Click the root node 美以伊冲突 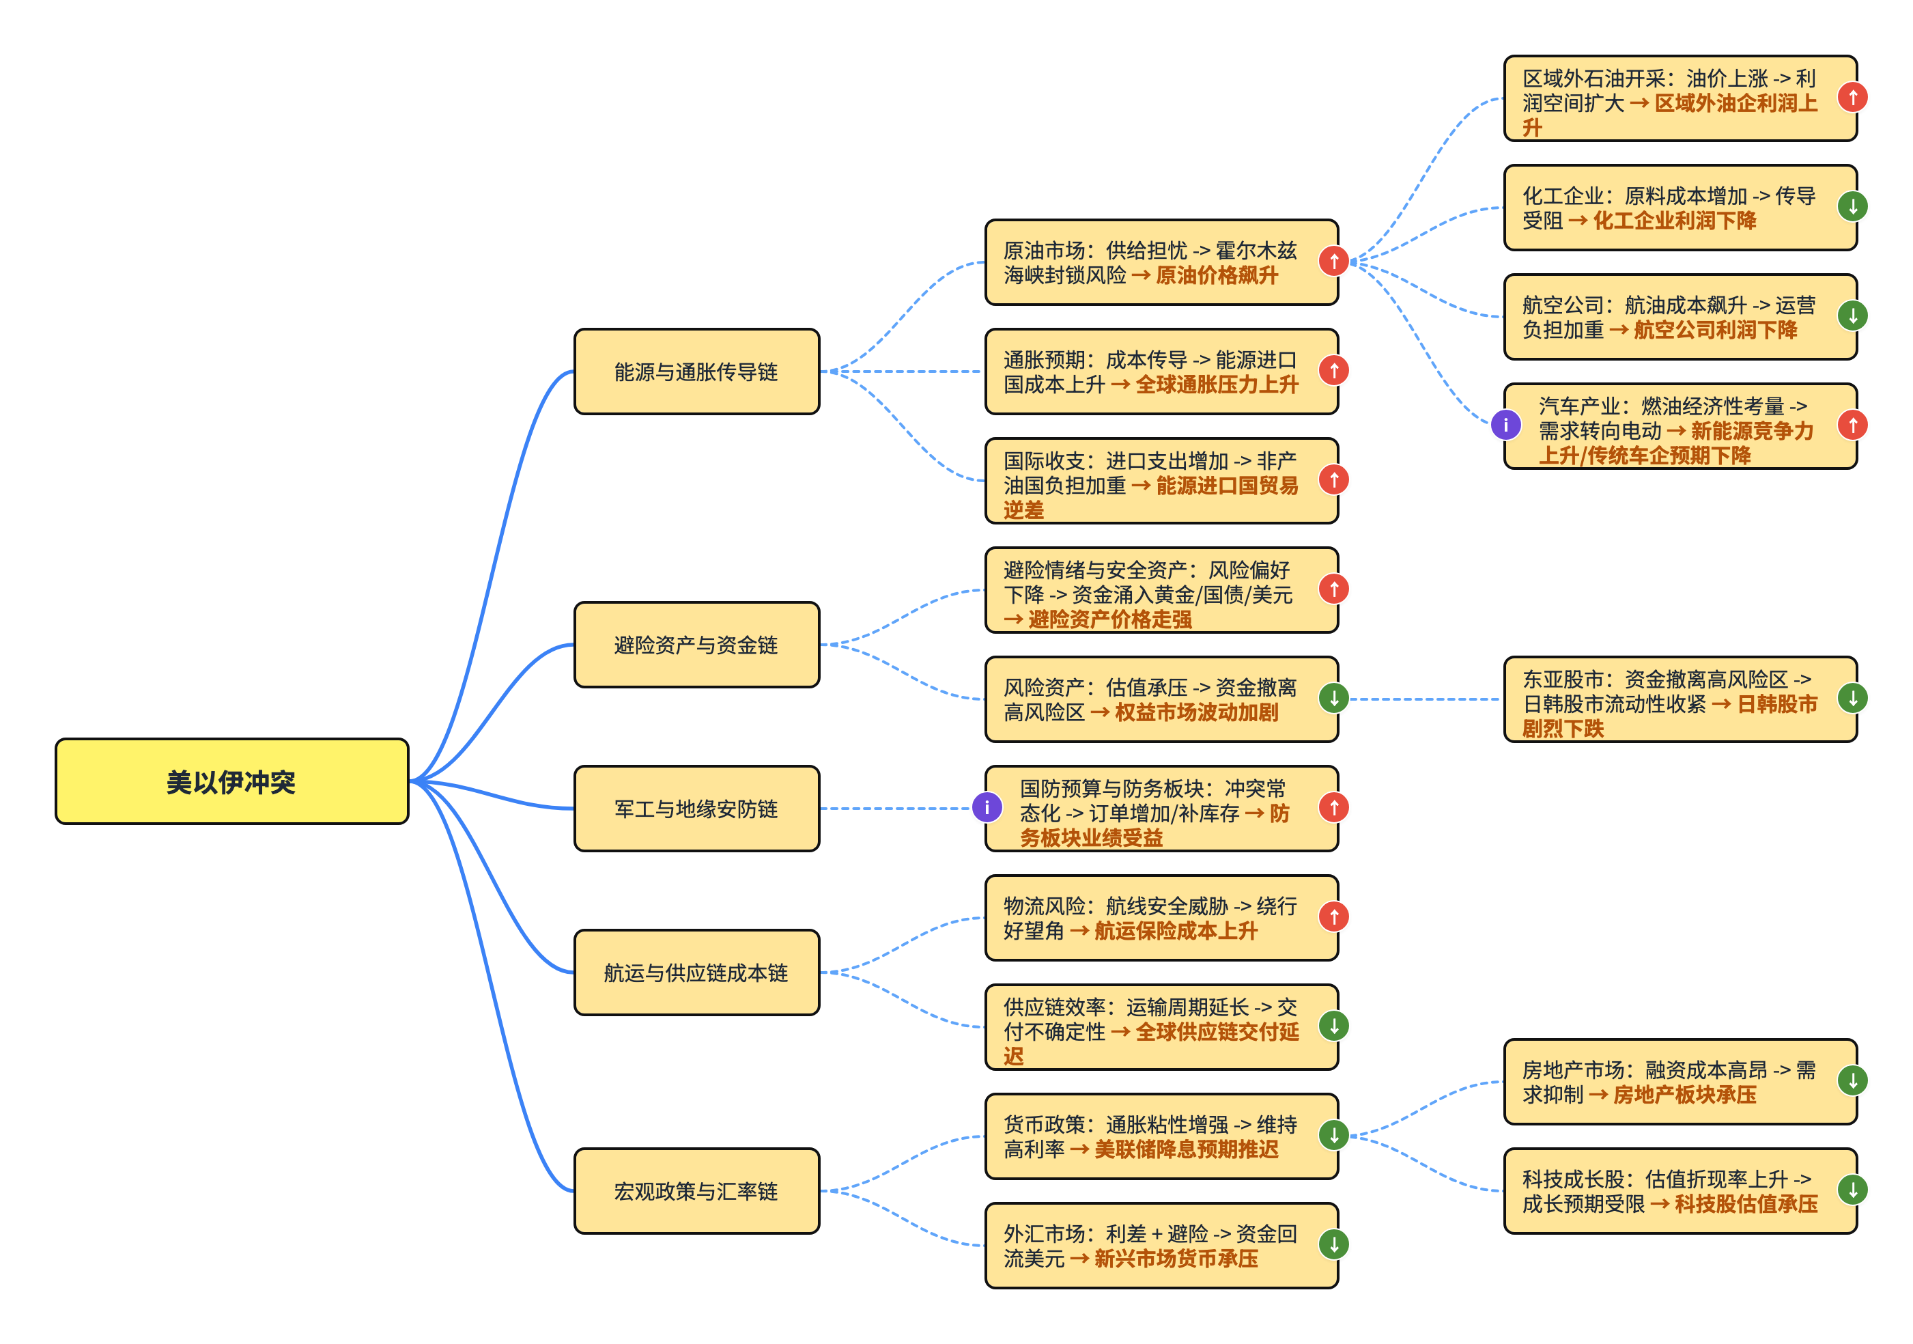click(231, 781)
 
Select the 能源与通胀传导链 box click(696, 372)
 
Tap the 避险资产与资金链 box click(696, 645)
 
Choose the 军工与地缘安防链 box click(696, 808)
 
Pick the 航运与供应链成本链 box click(696, 972)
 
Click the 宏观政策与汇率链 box click(696, 1192)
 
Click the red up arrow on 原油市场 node click(1334, 262)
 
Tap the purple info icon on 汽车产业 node click(1505, 425)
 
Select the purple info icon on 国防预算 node click(987, 807)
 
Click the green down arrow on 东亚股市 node click(1853, 698)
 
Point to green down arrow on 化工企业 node click(1853, 207)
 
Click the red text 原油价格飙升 click(1217, 276)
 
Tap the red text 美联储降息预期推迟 click(1186, 1150)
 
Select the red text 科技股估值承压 click(1746, 1204)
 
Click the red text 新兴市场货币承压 click(1176, 1259)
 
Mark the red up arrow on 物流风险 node click(1334, 917)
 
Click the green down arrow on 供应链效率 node click(1334, 1026)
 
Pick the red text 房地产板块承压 click(1685, 1095)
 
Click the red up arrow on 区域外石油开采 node click(1853, 98)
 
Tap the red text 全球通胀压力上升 click(1217, 385)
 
